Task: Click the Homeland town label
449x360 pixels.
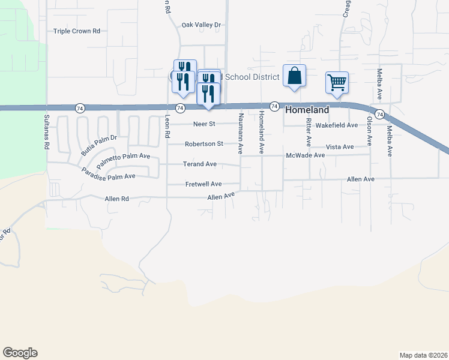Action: [307, 110]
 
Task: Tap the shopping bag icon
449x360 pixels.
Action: [294, 76]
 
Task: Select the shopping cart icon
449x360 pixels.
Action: [337, 82]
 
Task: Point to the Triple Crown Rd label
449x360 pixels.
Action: [76, 31]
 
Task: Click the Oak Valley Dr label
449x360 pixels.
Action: [202, 25]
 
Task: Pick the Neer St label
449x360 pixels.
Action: [204, 124]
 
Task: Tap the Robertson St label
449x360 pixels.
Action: [203, 144]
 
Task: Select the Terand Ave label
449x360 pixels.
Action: [200, 164]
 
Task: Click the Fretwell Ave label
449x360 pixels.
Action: [203, 184]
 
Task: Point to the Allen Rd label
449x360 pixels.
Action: [116, 198]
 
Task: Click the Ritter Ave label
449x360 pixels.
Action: [309, 132]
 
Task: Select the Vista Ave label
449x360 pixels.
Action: [340, 147]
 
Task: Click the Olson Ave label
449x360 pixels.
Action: [369, 131]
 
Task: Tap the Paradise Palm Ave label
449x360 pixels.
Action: [109, 171]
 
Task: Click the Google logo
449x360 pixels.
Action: [20, 353]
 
